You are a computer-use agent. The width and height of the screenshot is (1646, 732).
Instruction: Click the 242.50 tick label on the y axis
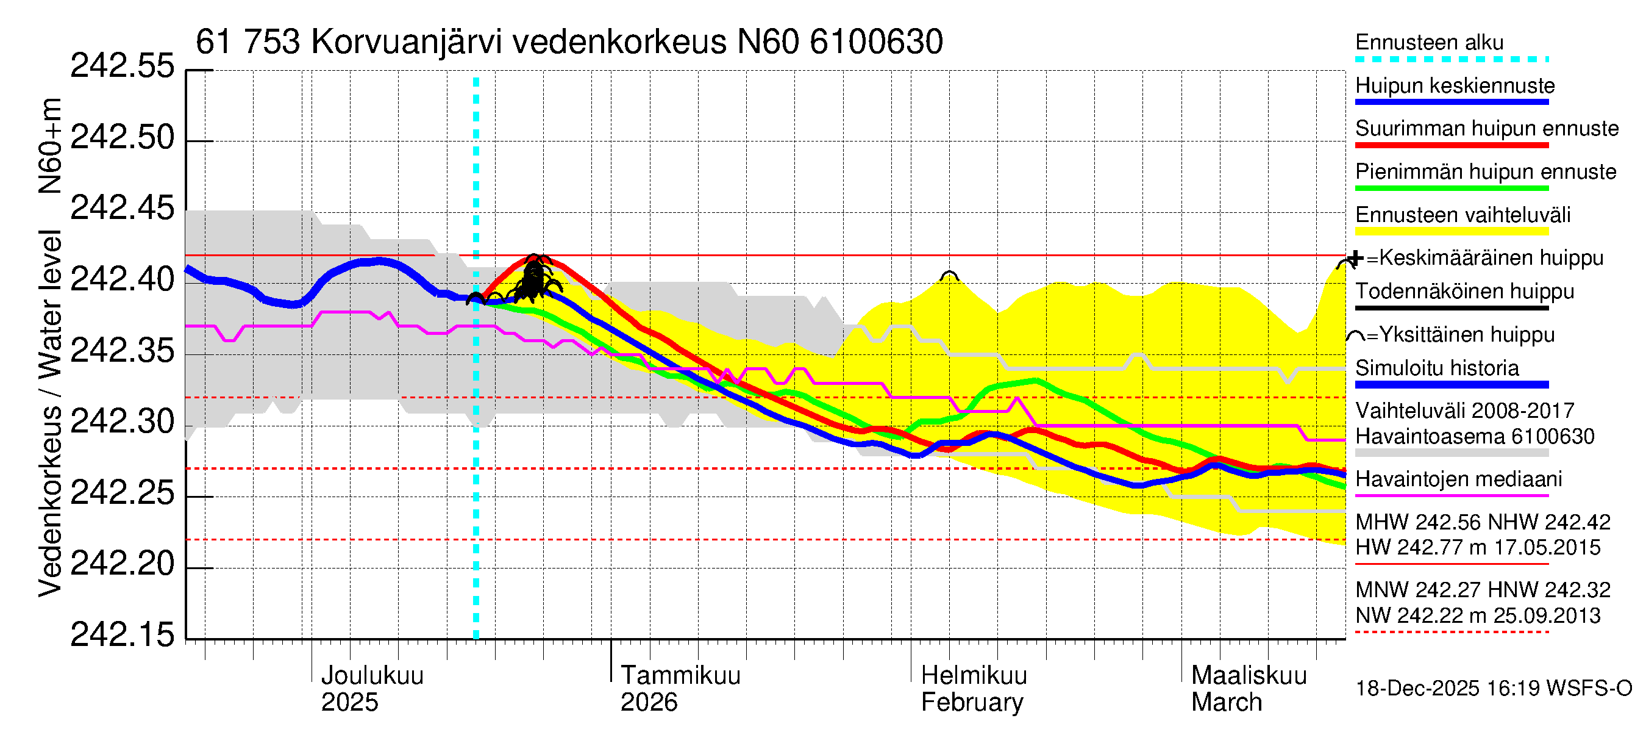[121, 137]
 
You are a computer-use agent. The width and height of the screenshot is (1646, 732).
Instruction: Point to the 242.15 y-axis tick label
[121, 635]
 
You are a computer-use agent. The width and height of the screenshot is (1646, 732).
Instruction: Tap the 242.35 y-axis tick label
[121, 350]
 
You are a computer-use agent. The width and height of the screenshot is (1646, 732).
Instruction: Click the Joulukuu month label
[372, 676]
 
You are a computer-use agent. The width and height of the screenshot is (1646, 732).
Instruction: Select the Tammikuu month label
[680, 676]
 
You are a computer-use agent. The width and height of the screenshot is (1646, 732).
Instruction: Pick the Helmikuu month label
[974, 676]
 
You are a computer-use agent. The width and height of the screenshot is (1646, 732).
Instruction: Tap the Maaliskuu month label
[1249, 676]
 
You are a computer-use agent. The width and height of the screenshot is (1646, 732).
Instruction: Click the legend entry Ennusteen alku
[1429, 43]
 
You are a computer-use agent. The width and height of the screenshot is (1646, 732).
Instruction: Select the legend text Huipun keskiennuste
[1455, 85]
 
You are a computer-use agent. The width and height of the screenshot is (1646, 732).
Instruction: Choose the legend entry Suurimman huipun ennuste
[1486, 129]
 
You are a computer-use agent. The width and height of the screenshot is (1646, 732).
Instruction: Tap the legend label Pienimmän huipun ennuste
[1485, 172]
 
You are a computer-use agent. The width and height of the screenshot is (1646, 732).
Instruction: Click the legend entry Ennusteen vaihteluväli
[1462, 215]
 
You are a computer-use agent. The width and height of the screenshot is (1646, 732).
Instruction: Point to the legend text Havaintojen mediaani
[1458, 479]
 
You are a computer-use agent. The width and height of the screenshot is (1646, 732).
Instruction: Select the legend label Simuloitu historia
[1436, 368]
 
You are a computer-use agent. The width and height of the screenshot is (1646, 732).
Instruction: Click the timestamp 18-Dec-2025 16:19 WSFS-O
[1493, 689]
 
